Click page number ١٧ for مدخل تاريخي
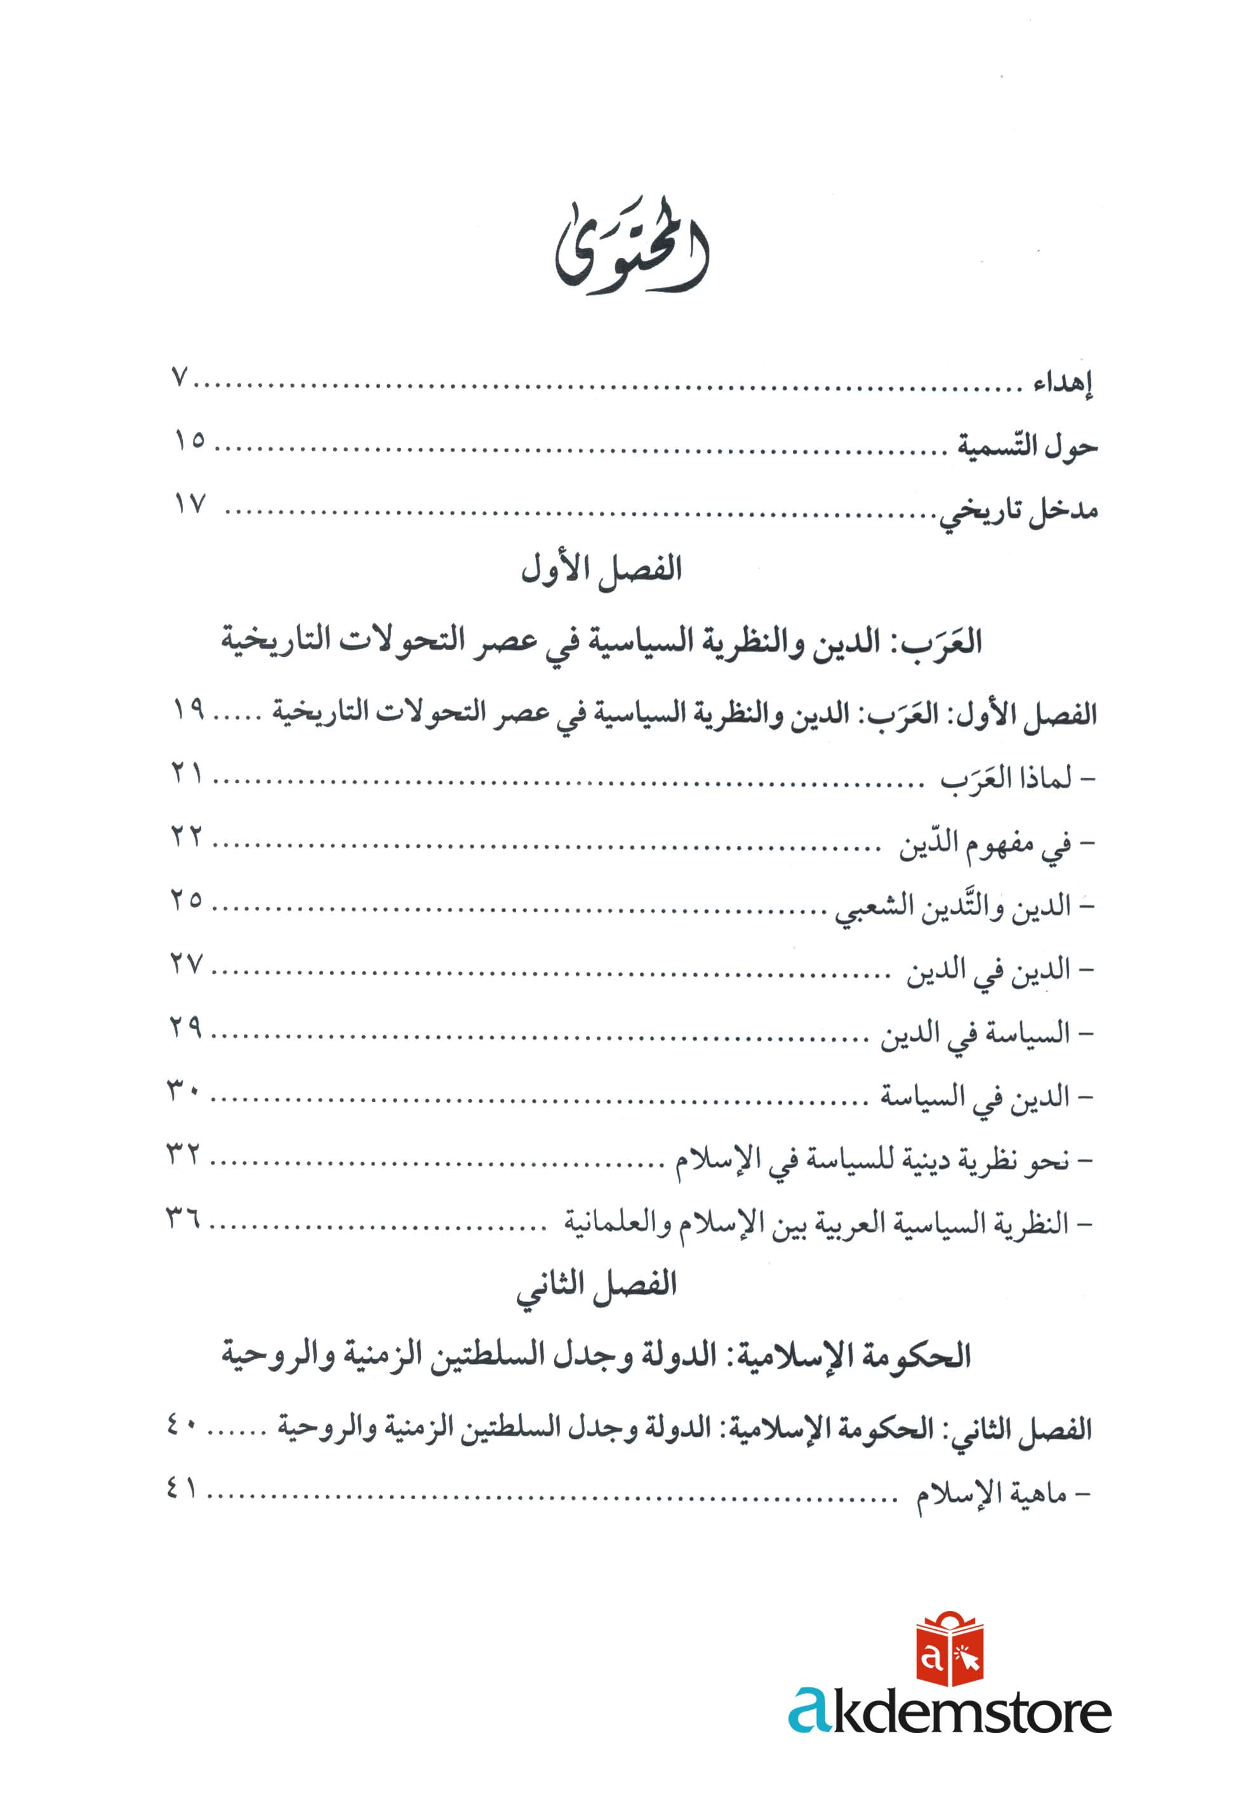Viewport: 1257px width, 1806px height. [x=189, y=504]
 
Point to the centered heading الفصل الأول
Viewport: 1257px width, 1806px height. [x=601, y=569]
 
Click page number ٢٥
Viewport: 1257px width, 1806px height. [x=187, y=899]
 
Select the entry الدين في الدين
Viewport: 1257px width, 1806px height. [x=989, y=971]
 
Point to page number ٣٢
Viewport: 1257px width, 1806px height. [x=183, y=1155]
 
